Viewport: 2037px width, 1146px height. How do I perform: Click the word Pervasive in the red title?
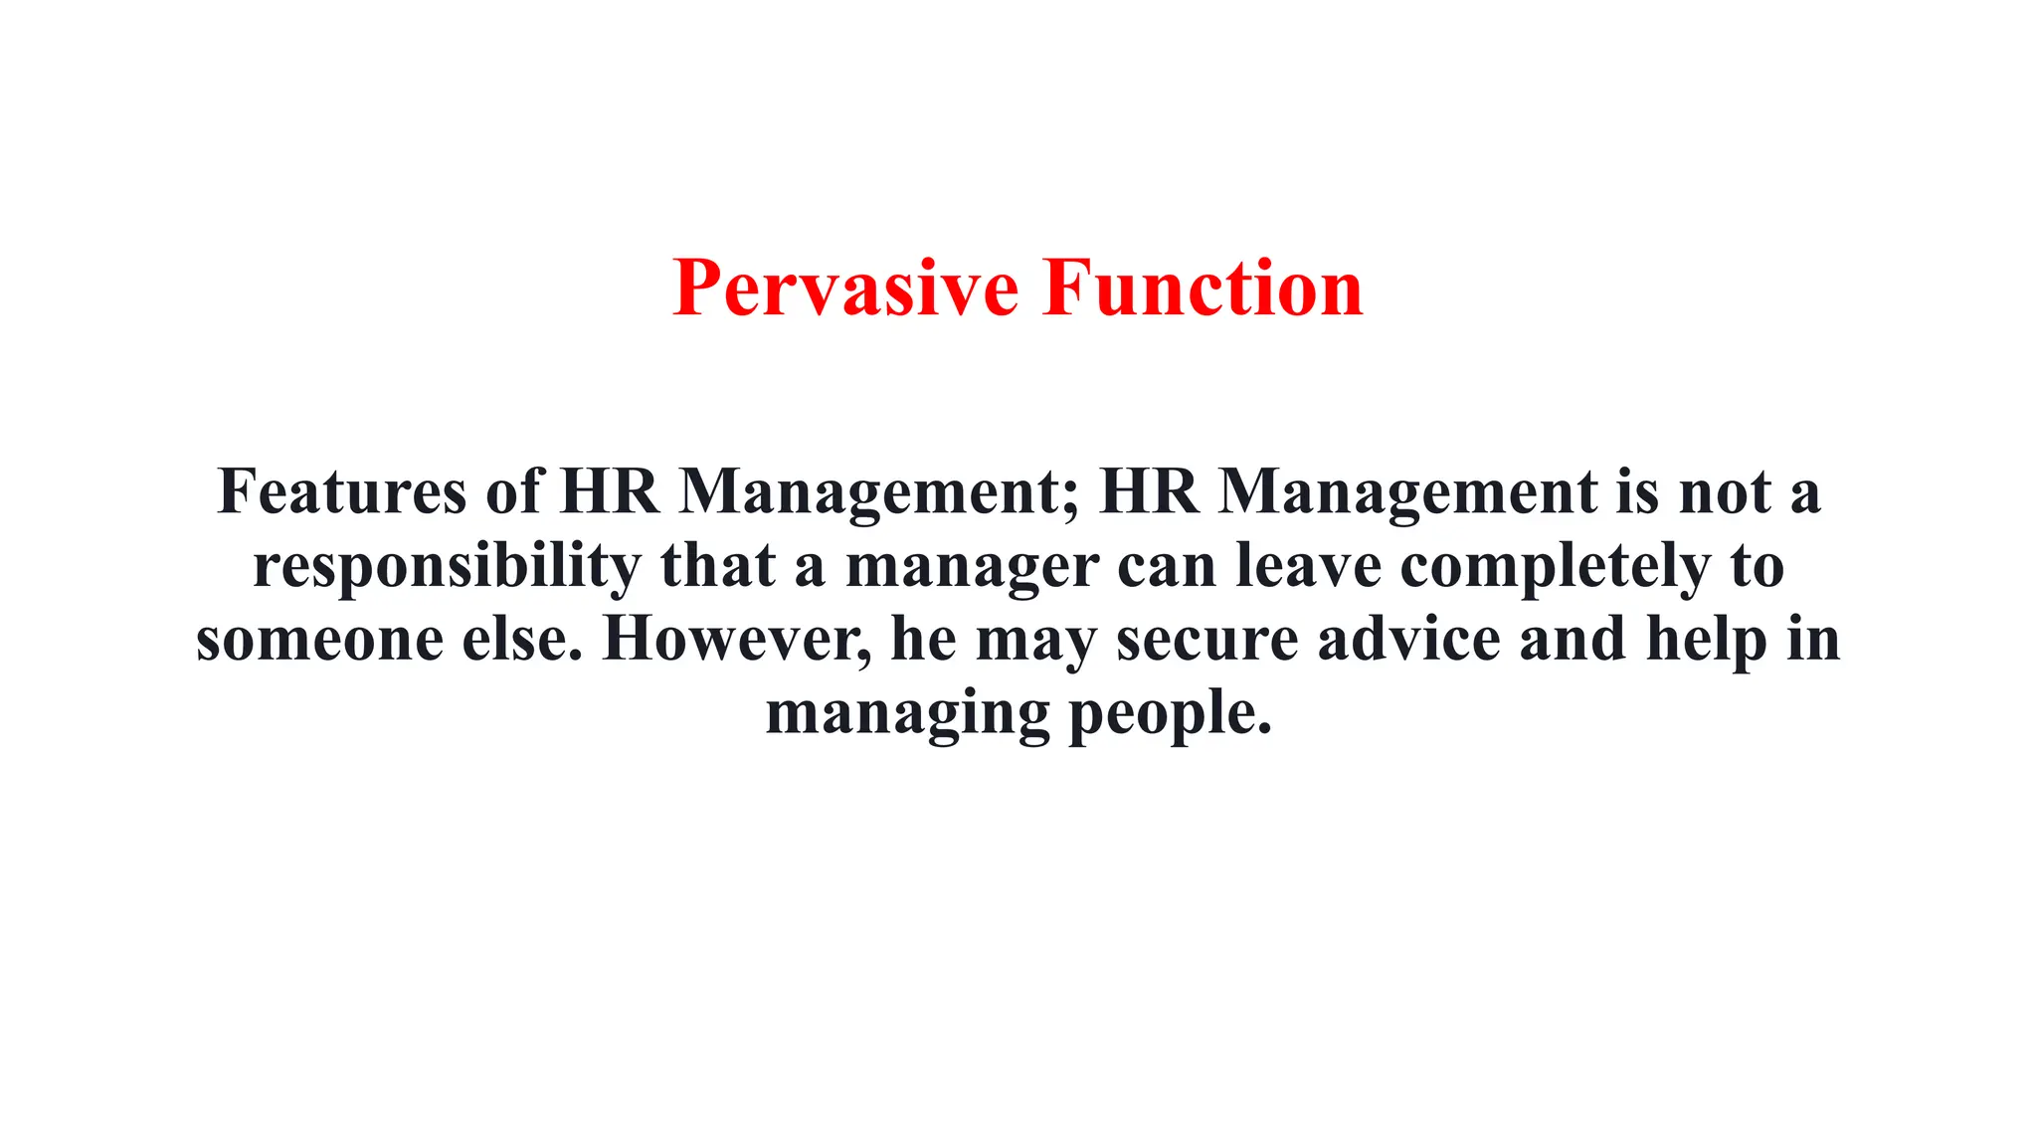tap(845, 288)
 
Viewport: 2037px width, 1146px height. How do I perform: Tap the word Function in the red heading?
tap(1204, 288)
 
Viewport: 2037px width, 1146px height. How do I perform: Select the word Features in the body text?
tap(341, 491)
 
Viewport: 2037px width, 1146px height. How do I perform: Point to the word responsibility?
tap(447, 567)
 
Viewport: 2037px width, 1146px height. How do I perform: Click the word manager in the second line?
tap(972, 567)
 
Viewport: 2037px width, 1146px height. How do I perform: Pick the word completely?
tap(1556, 567)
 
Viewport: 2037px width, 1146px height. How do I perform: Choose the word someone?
tap(319, 639)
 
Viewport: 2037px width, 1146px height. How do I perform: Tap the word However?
tap(736, 639)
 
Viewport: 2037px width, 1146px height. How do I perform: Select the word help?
tap(1707, 639)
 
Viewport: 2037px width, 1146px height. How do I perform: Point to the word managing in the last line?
tap(907, 714)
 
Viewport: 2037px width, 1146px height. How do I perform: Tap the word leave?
tap(1308, 567)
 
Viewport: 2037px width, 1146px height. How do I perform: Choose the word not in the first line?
tap(1725, 491)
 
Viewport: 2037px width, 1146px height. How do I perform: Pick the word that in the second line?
tap(717, 567)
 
